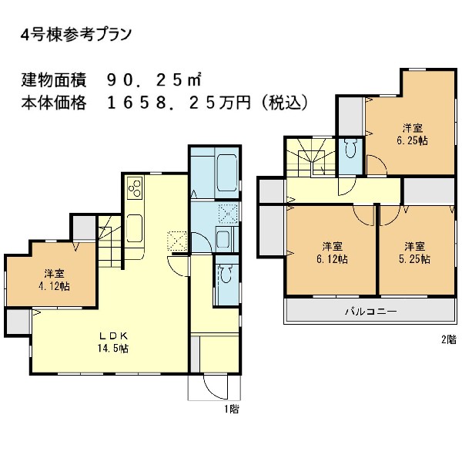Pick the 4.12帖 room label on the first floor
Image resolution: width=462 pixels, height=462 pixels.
point(53,280)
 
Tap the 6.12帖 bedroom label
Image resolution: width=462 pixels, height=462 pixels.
point(332,252)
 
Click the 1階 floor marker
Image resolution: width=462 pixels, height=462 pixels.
point(231,409)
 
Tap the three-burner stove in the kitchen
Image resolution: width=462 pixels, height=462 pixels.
point(134,189)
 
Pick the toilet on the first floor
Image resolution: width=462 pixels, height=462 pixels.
point(226,275)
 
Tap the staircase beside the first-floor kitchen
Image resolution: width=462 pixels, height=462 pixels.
point(110,241)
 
